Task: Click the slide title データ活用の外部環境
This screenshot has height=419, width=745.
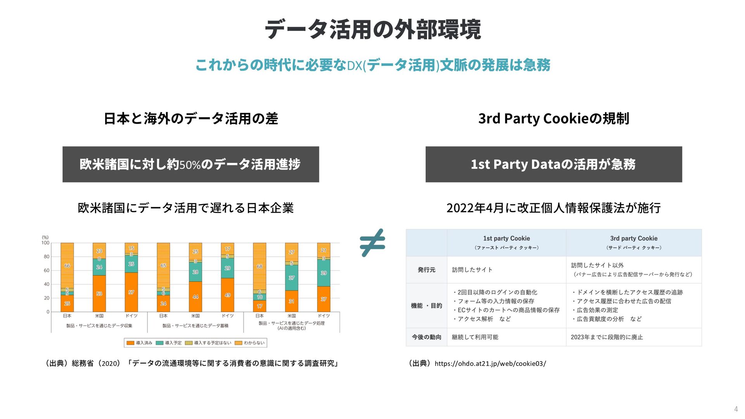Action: point(372,29)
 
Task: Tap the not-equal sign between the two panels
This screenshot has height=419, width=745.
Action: point(372,242)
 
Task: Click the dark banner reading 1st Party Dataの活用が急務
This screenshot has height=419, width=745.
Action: point(554,164)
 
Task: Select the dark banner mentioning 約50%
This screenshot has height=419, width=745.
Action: point(191,164)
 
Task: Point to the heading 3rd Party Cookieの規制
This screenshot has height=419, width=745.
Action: point(554,118)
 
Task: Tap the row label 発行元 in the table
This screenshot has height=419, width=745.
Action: point(426,270)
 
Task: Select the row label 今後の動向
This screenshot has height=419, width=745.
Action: point(426,337)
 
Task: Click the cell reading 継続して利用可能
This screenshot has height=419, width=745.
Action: point(475,337)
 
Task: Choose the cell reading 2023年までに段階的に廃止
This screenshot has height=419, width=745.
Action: point(606,337)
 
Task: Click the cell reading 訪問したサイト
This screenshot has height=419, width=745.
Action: point(472,270)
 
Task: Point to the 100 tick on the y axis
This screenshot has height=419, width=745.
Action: point(45,243)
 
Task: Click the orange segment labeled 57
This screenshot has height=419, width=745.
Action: point(131,292)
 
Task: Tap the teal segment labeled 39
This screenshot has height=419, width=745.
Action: point(324,273)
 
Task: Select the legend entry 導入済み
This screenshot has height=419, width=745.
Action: point(140,343)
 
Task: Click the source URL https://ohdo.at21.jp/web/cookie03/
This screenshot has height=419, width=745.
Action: point(490,364)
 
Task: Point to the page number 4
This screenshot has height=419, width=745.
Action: point(736,409)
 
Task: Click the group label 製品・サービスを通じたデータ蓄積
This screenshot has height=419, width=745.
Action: point(195,326)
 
